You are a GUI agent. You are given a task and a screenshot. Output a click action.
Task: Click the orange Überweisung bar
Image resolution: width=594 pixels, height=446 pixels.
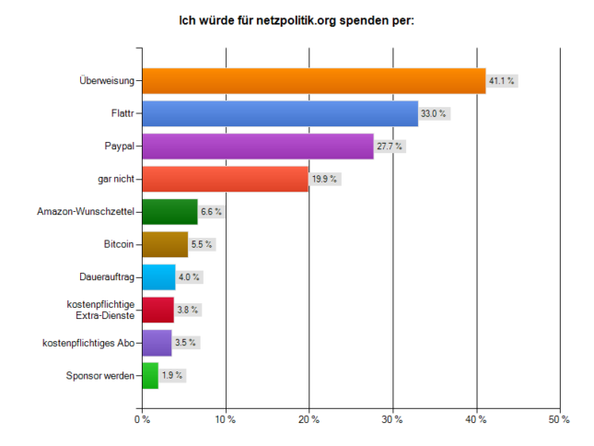[x=314, y=81]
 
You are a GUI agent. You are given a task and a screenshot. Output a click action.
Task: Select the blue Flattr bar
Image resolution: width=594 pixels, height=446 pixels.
[x=280, y=113]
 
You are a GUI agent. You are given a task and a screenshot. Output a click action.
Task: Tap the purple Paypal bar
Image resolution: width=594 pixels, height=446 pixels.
[x=258, y=147]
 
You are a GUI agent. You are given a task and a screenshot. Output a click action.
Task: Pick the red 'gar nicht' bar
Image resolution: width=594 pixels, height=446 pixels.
[x=226, y=179]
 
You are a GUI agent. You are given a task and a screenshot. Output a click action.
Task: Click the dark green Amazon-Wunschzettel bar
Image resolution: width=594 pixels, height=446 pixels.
[x=170, y=211]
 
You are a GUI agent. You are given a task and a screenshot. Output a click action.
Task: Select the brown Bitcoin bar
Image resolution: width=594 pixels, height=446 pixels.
[x=165, y=244]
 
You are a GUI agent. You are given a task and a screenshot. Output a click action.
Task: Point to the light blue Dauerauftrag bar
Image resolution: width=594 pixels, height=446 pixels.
[x=159, y=277]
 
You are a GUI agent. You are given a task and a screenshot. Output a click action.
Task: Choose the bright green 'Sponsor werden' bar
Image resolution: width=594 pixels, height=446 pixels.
[x=150, y=376]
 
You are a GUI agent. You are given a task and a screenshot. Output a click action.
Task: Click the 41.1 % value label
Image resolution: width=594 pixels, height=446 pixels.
[x=502, y=81]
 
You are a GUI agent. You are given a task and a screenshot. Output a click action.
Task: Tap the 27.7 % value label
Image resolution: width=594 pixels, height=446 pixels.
[x=390, y=147]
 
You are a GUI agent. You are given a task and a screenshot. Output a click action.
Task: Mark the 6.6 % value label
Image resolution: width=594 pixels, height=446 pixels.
[x=212, y=211]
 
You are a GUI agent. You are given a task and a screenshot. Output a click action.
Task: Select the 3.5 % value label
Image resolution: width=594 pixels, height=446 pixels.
[x=186, y=343]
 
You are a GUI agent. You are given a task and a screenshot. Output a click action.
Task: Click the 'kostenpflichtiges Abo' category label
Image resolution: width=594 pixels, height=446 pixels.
[x=88, y=343]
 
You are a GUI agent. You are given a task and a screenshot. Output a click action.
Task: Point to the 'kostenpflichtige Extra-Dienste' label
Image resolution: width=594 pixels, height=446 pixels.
[x=100, y=310]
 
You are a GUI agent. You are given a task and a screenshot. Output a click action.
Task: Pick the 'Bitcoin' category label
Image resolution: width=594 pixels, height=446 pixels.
[x=119, y=244]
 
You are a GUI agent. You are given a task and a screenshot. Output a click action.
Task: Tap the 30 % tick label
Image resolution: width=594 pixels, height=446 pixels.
[x=392, y=419]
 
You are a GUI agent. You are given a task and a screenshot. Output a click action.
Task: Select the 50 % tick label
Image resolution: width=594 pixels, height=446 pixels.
[x=560, y=419]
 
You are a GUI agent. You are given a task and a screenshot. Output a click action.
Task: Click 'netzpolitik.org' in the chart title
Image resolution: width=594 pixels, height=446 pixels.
[x=297, y=20]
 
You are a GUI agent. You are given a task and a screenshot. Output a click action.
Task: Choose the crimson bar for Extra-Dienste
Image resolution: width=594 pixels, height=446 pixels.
[x=158, y=310]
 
